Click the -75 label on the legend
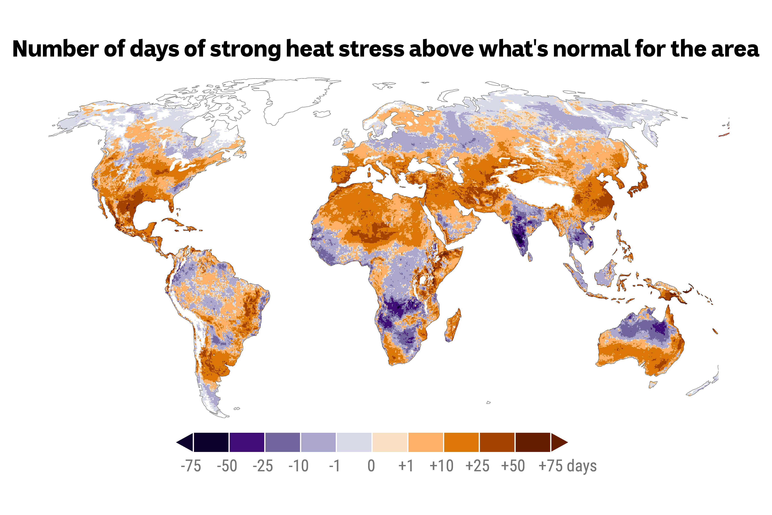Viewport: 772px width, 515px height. pos(191,466)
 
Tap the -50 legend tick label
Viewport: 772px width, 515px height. pos(227,466)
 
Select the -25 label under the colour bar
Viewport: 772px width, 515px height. pos(263,466)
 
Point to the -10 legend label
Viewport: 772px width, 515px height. pos(298,466)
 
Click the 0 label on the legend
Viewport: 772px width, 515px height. pos(371,466)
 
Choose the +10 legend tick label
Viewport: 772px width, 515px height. pos(441,466)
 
